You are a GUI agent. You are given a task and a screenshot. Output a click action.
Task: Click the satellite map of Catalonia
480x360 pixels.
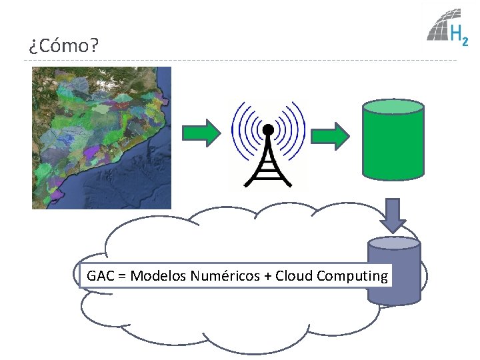click(x=101, y=138)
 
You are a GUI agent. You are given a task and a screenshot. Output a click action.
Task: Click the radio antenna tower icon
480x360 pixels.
click(x=268, y=143)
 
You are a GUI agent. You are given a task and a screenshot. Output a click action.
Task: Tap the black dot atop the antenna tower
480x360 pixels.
click(x=268, y=128)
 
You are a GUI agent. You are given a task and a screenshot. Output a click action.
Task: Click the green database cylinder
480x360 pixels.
click(x=393, y=143)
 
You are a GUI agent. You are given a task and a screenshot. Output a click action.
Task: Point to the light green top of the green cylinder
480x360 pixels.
click(x=393, y=107)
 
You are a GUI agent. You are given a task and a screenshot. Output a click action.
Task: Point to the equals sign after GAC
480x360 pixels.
click(x=122, y=276)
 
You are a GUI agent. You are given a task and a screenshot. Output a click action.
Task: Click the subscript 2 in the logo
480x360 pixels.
click(x=464, y=41)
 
